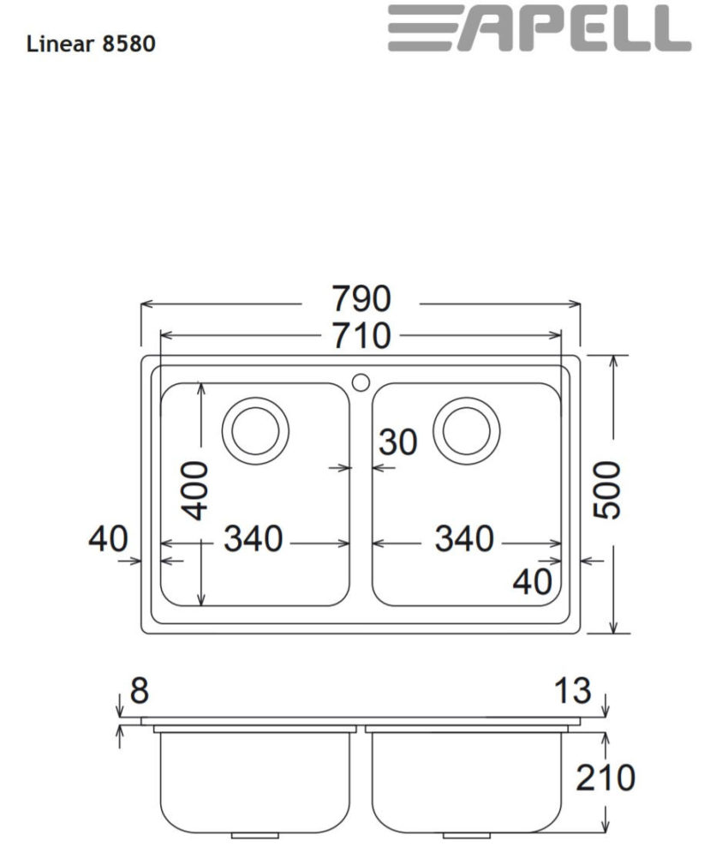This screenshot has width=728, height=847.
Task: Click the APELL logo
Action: (539, 29)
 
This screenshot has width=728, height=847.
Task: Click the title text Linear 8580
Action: (91, 44)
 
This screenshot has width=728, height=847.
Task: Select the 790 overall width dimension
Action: (361, 299)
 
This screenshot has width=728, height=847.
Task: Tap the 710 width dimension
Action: (361, 335)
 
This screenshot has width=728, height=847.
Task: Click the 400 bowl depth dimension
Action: (196, 490)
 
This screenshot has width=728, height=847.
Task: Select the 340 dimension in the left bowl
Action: (253, 539)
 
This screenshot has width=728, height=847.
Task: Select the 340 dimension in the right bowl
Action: (464, 539)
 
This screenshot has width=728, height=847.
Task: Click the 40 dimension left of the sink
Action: (108, 539)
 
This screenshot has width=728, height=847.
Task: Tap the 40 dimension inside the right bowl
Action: (532, 582)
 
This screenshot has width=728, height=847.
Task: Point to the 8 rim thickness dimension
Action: (138, 691)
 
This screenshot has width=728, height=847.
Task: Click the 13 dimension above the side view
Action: (572, 691)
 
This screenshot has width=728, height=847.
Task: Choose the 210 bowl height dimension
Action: (605, 778)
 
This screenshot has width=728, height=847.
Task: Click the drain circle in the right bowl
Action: (466, 427)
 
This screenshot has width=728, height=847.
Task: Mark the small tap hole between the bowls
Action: (361, 378)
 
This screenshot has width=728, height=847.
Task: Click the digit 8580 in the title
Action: (128, 44)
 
